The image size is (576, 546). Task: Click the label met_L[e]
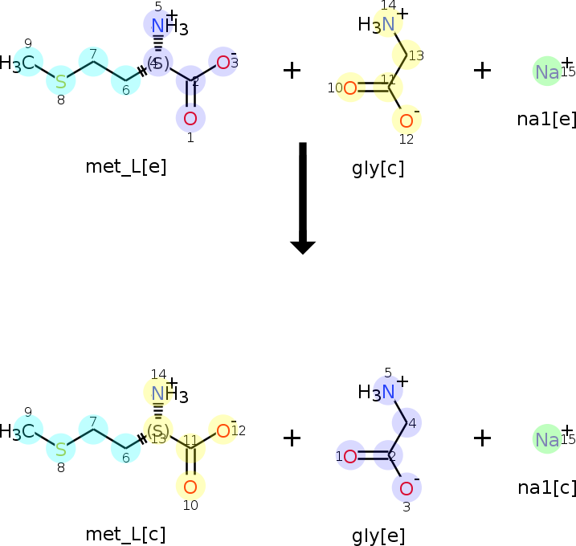[125, 166]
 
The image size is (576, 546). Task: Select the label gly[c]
[378, 169]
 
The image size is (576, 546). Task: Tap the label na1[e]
[546, 120]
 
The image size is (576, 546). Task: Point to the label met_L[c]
[125, 534]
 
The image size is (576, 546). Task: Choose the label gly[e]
[378, 536]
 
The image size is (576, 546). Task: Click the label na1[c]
[546, 487]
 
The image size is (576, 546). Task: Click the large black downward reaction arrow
[302, 198]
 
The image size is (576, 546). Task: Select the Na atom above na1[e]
[547, 72]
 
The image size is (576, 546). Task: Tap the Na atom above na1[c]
[547, 439]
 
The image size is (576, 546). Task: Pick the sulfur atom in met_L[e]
[60, 82]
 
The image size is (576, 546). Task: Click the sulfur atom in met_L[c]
[60, 448]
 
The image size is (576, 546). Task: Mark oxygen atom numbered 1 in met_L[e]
[190, 119]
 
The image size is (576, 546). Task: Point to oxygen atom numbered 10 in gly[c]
[350, 88]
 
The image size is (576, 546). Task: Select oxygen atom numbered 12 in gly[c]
[406, 121]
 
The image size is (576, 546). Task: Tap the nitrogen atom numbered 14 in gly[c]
[389, 24]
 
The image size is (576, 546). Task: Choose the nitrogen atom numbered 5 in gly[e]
[389, 392]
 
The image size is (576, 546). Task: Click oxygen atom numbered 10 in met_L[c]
[190, 486]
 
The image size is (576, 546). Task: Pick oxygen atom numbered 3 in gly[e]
[406, 488]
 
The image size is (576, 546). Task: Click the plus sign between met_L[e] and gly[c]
[292, 71]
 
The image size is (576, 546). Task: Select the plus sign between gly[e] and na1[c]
[482, 438]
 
